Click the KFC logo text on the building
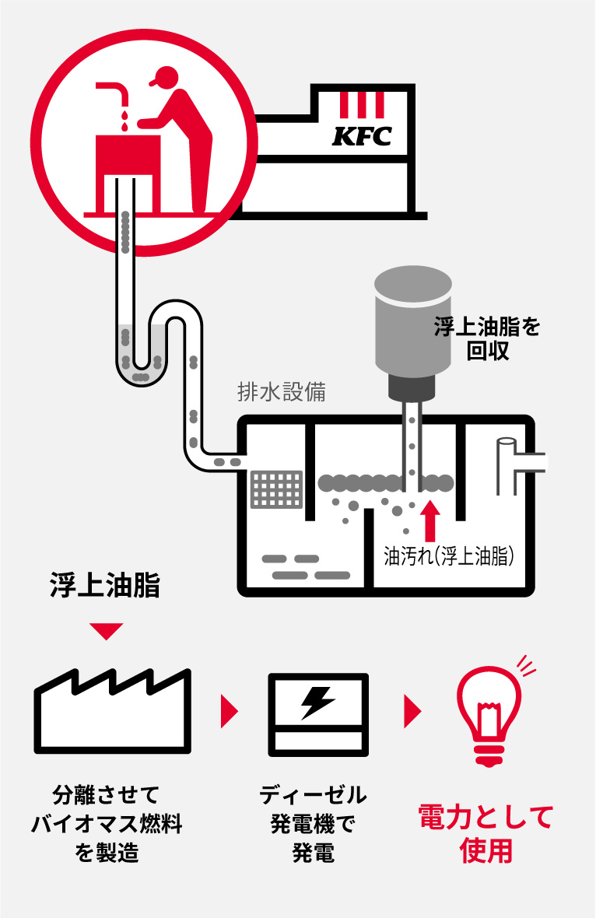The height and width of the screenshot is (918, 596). [362, 137]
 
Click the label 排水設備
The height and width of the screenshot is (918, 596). [281, 392]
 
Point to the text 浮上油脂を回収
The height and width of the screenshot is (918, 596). [487, 339]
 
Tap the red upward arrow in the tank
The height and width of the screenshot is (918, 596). [428, 520]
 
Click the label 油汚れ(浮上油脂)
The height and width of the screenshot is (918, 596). [451, 556]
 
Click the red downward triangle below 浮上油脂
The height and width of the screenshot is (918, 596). [106, 630]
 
